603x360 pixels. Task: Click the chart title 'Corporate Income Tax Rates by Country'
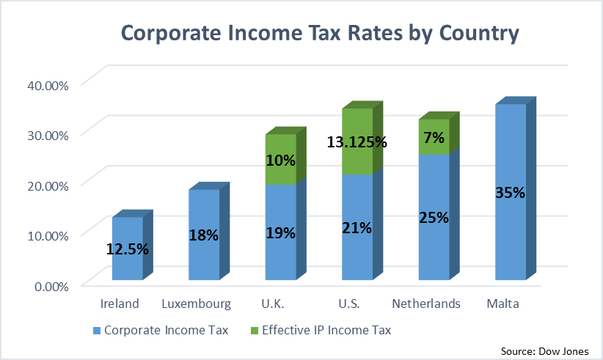click(x=319, y=34)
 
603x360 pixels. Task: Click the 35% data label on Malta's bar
click(x=509, y=194)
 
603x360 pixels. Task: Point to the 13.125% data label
click(x=357, y=142)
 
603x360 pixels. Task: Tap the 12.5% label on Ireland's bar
click(x=128, y=249)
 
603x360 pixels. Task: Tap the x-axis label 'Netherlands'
click(x=426, y=304)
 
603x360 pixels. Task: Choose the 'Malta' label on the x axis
click(x=503, y=304)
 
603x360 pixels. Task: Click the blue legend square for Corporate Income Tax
click(x=96, y=331)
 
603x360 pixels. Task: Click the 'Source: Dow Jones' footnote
click(x=545, y=350)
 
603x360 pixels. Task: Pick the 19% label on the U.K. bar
click(x=280, y=233)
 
